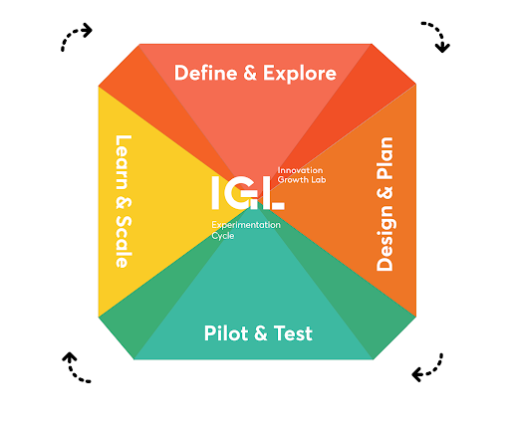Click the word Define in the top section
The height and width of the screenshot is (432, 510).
pos(206,73)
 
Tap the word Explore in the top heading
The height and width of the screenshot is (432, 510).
pos(300,74)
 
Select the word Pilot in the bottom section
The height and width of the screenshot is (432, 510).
pos(226,333)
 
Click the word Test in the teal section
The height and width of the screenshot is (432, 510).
pos(293,333)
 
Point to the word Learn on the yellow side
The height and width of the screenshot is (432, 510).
pos(124,162)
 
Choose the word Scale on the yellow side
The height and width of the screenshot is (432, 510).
pos(124,242)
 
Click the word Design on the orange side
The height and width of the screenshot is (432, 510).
pos(384,238)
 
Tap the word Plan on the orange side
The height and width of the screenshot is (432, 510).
pos(384,158)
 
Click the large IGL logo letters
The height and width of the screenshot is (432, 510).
pos(248,193)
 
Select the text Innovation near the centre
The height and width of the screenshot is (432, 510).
pos(300,170)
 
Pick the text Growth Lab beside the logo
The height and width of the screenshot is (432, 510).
pos(302,180)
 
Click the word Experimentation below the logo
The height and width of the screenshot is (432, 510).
pos(246,225)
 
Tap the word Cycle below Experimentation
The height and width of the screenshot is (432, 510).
pos(223,236)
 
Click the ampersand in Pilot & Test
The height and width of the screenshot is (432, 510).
pos(261,333)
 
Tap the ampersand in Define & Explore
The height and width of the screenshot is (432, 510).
pos(250,73)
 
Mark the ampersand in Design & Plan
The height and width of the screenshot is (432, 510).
pos(384,193)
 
